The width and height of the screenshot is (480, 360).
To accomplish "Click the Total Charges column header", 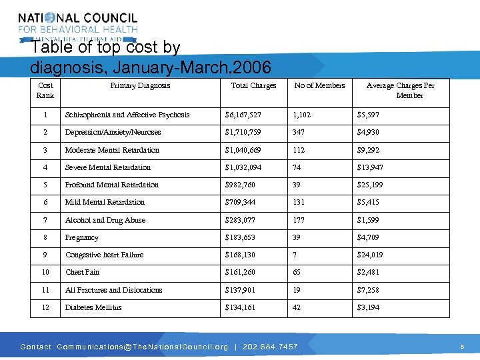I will click(x=253, y=85).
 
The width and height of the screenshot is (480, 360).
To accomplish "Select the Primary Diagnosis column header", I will click(x=140, y=85).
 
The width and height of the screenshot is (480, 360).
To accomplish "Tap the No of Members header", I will click(x=320, y=85).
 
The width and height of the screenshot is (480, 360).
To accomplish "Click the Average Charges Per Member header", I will click(x=401, y=90).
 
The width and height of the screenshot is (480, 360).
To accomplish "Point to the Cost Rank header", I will click(x=45, y=90).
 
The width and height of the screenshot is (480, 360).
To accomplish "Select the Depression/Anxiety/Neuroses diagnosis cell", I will click(x=113, y=132).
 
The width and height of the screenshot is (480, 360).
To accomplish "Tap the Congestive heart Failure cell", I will click(x=104, y=255).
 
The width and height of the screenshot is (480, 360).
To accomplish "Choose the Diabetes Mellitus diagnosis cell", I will click(x=93, y=307).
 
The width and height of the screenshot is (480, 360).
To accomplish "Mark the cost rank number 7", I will click(x=45, y=220).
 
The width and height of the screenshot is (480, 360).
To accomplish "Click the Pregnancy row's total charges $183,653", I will click(x=240, y=237).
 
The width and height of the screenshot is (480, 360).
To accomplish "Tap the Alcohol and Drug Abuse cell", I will click(x=105, y=220).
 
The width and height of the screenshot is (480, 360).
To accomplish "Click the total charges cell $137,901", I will click(x=240, y=290).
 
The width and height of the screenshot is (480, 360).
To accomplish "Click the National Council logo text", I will click(x=78, y=19).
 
